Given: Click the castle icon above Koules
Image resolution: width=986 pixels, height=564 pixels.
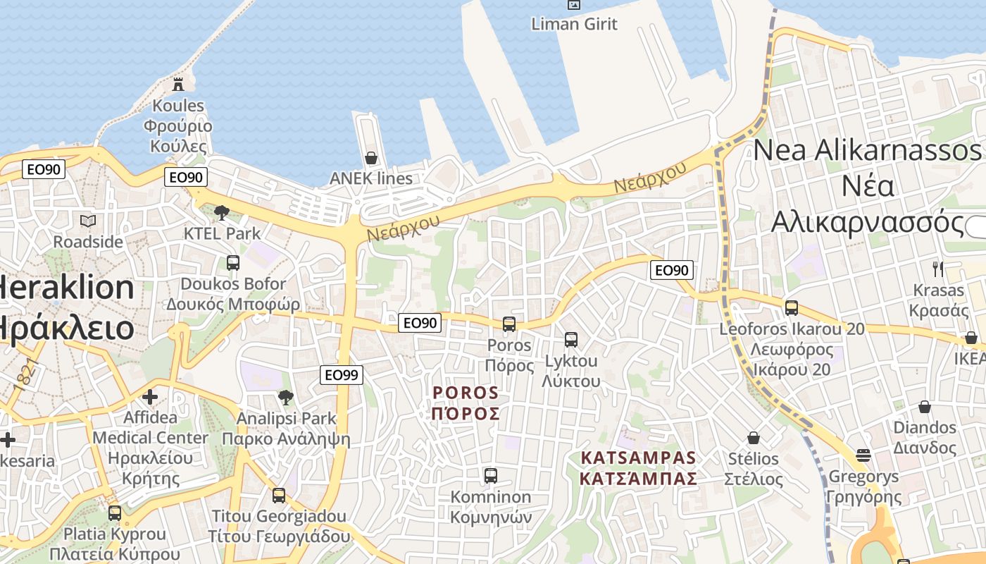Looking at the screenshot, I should click(179, 85).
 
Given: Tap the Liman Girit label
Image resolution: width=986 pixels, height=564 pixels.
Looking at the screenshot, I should click(575, 24).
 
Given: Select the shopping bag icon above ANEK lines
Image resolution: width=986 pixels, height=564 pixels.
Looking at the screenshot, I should click(370, 158).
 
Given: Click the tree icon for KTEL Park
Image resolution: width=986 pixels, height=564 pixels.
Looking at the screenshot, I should click(222, 212).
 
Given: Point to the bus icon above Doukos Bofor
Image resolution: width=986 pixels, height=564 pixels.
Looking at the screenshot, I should click(233, 263).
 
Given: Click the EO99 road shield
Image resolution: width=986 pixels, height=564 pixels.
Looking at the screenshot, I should click(342, 375).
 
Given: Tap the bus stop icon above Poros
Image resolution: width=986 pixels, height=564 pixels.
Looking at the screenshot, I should click(509, 324).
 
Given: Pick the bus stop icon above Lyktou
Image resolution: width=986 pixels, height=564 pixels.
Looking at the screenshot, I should click(571, 340).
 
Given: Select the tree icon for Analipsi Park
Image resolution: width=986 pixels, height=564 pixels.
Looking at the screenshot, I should click(286, 398).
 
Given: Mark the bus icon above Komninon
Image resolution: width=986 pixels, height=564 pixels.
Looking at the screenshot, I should click(491, 476).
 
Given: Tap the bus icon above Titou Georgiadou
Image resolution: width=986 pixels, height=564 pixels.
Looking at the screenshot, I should click(279, 495).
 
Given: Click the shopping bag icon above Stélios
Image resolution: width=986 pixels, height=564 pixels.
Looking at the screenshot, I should click(754, 439).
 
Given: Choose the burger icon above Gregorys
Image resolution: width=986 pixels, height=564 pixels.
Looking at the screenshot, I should click(864, 455).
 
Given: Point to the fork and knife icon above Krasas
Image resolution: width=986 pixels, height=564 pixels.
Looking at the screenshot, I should click(938, 269).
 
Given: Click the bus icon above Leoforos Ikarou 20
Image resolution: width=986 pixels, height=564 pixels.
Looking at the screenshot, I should click(792, 308).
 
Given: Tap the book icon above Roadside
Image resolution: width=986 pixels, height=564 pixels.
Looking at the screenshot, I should click(88, 221).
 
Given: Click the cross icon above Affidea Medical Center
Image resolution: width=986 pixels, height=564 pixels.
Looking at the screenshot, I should click(149, 397).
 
